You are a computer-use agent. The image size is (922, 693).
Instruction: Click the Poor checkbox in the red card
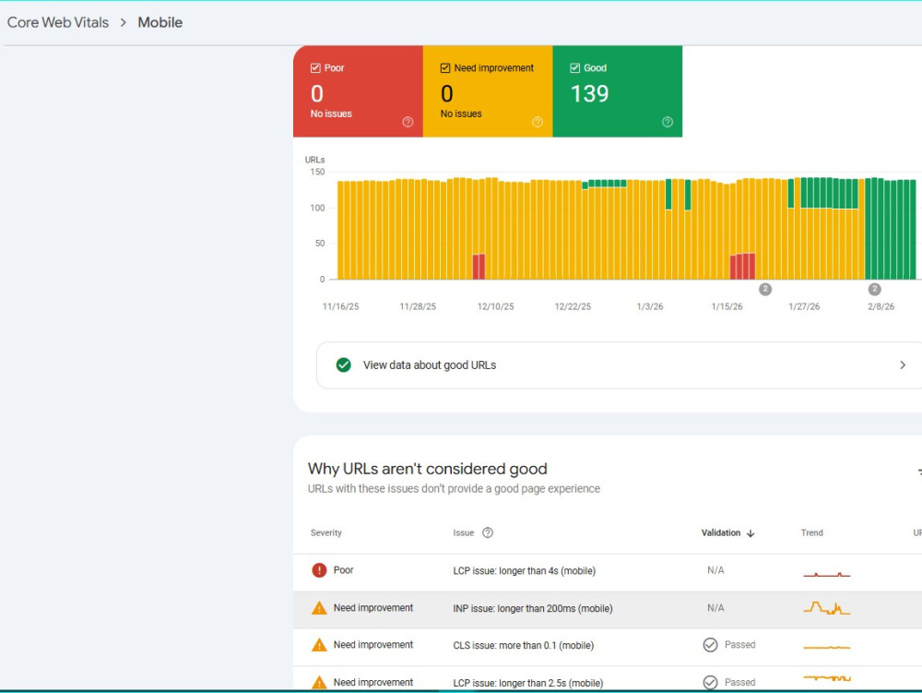315,68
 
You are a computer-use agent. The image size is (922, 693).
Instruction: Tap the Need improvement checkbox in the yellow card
445,68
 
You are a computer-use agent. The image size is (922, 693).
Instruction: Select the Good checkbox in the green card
575,68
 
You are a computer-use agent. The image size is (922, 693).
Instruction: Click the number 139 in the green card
590,94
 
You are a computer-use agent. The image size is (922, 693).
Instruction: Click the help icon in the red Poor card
408,122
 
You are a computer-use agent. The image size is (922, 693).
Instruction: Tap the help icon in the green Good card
668,122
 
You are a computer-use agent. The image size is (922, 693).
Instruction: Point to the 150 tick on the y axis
317,172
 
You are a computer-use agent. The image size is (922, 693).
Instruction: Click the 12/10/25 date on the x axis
496,306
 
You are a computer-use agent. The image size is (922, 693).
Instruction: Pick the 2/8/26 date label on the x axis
881,306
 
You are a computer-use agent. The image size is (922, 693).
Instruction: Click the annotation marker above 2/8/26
874,290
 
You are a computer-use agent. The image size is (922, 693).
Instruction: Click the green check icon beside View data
343,365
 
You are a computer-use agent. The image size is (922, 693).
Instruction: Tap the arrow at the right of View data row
903,365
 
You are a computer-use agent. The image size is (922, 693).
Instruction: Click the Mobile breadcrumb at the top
160,22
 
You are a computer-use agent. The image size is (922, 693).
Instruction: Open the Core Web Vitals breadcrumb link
57,22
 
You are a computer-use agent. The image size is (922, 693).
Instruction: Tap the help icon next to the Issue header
488,533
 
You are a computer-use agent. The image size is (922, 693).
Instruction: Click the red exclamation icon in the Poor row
319,570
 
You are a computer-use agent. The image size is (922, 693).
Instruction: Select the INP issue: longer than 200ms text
533,608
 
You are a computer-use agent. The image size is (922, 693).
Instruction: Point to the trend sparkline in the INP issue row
827,608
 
